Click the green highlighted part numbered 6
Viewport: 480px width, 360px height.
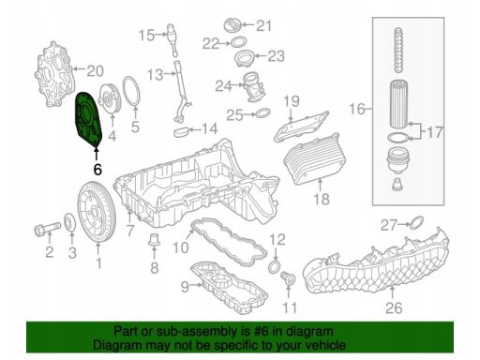pos(89,119)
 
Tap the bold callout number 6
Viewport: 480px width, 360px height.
pos(97,170)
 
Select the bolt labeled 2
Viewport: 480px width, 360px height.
pos(48,229)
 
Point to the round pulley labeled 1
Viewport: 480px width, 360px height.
pos(97,212)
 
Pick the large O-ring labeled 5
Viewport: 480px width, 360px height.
pos(131,91)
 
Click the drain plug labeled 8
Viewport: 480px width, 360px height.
pos(154,239)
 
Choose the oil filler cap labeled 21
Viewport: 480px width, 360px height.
pos(233,25)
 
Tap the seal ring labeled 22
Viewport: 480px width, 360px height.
pos(238,42)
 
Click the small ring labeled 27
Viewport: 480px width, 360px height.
pos(416,222)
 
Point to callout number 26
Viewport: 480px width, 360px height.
pos(394,307)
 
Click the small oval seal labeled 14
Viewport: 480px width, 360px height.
pos(181,131)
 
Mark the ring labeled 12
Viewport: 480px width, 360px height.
pos(275,266)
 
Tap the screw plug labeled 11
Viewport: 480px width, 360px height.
pos(288,278)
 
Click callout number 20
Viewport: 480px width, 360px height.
pos(95,71)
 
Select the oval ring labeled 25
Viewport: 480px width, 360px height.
pos(263,112)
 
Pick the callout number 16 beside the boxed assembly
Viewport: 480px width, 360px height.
pos(357,109)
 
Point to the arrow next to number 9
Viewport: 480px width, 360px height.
pos(197,284)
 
